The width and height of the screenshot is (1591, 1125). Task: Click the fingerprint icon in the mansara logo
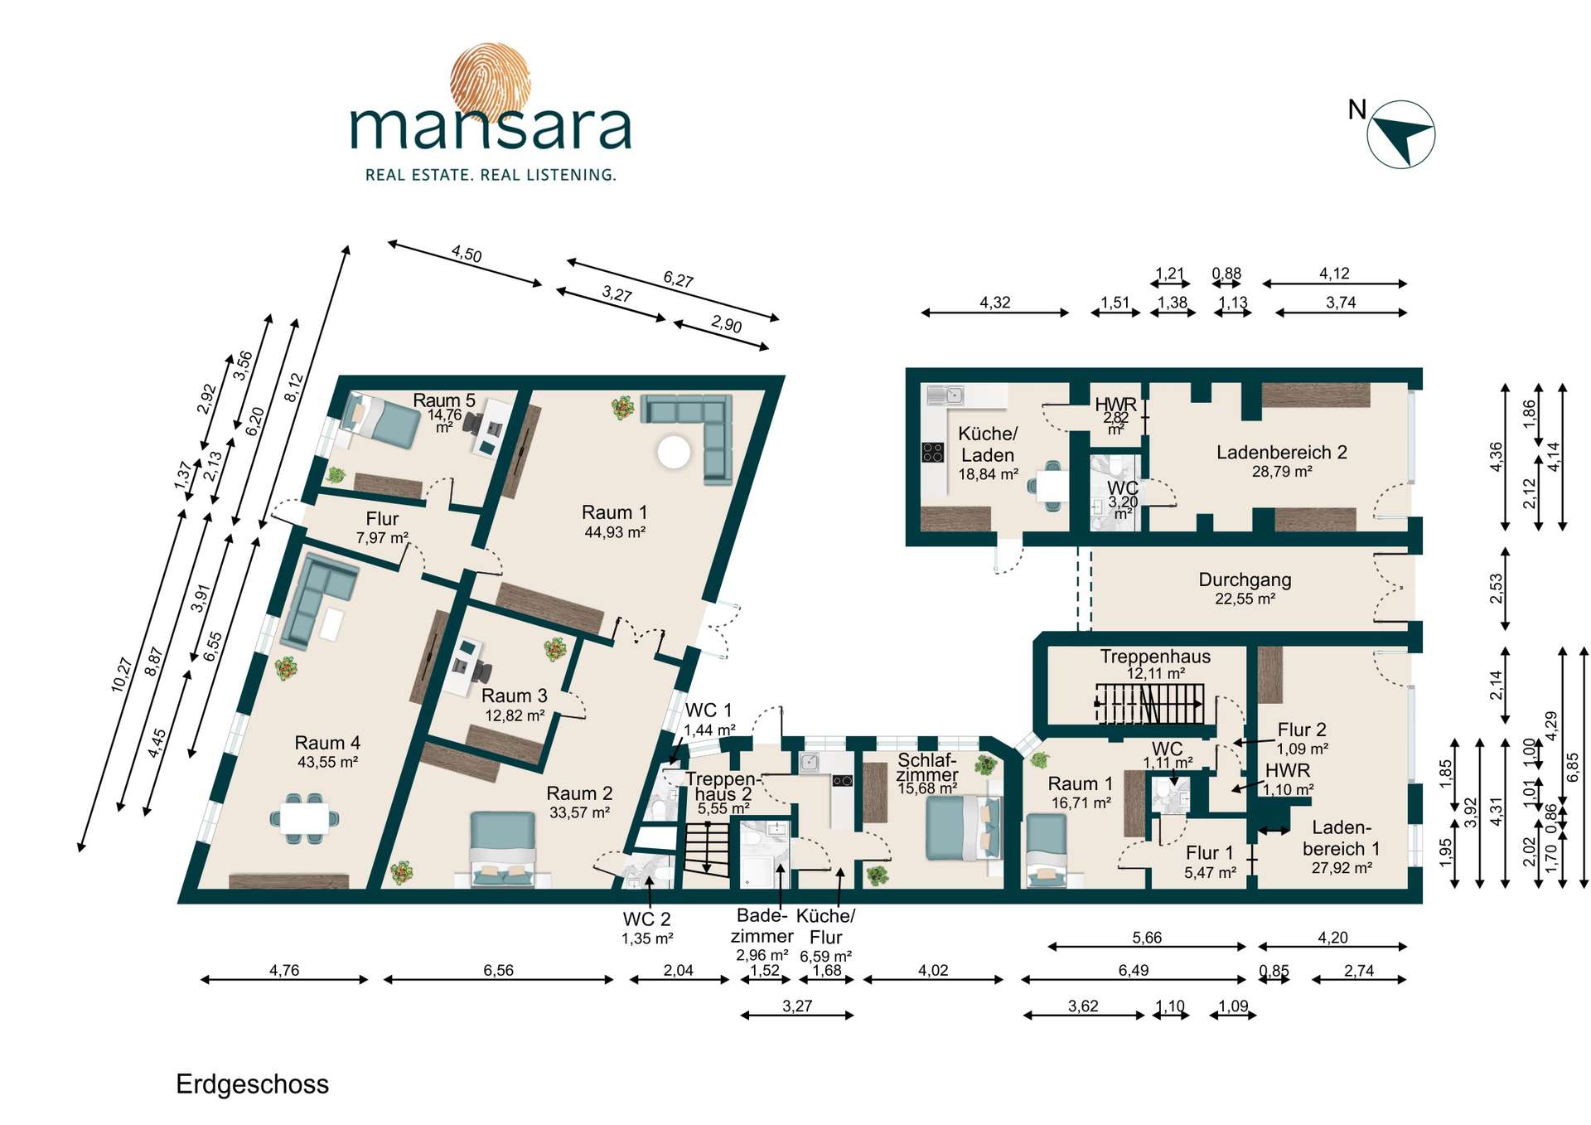pyautogui.click(x=490, y=81)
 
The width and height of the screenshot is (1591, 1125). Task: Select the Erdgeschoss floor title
pyautogui.click(x=253, y=1084)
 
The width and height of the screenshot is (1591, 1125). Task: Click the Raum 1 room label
pyautogui.click(x=615, y=512)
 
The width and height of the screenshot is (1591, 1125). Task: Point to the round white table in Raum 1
pyautogui.click(x=674, y=452)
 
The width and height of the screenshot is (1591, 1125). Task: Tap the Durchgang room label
pyautogui.click(x=1245, y=579)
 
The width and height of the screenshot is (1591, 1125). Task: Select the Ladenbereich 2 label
pyautogui.click(x=1282, y=452)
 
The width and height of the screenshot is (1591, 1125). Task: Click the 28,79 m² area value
pyautogui.click(x=1282, y=472)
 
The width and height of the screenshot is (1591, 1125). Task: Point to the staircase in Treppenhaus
pyautogui.click(x=1150, y=704)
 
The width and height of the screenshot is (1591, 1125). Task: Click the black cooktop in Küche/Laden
pyautogui.click(x=933, y=453)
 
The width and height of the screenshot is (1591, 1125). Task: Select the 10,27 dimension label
pyautogui.click(x=122, y=674)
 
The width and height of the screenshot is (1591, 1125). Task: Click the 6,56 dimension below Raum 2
pyautogui.click(x=499, y=970)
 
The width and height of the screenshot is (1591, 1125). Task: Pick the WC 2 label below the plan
pyautogui.click(x=647, y=919)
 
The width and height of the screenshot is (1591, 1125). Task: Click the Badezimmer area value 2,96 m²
pyautogui.click(x=762, y=955)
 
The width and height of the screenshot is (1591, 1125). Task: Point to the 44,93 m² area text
pyautogui.click(x=615, y=532)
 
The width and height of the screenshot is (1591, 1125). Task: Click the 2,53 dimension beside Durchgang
pyautogui.click(x=1496, y=589)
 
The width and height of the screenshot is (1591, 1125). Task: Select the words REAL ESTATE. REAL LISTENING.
pyautogui.click(x=491, y=175)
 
